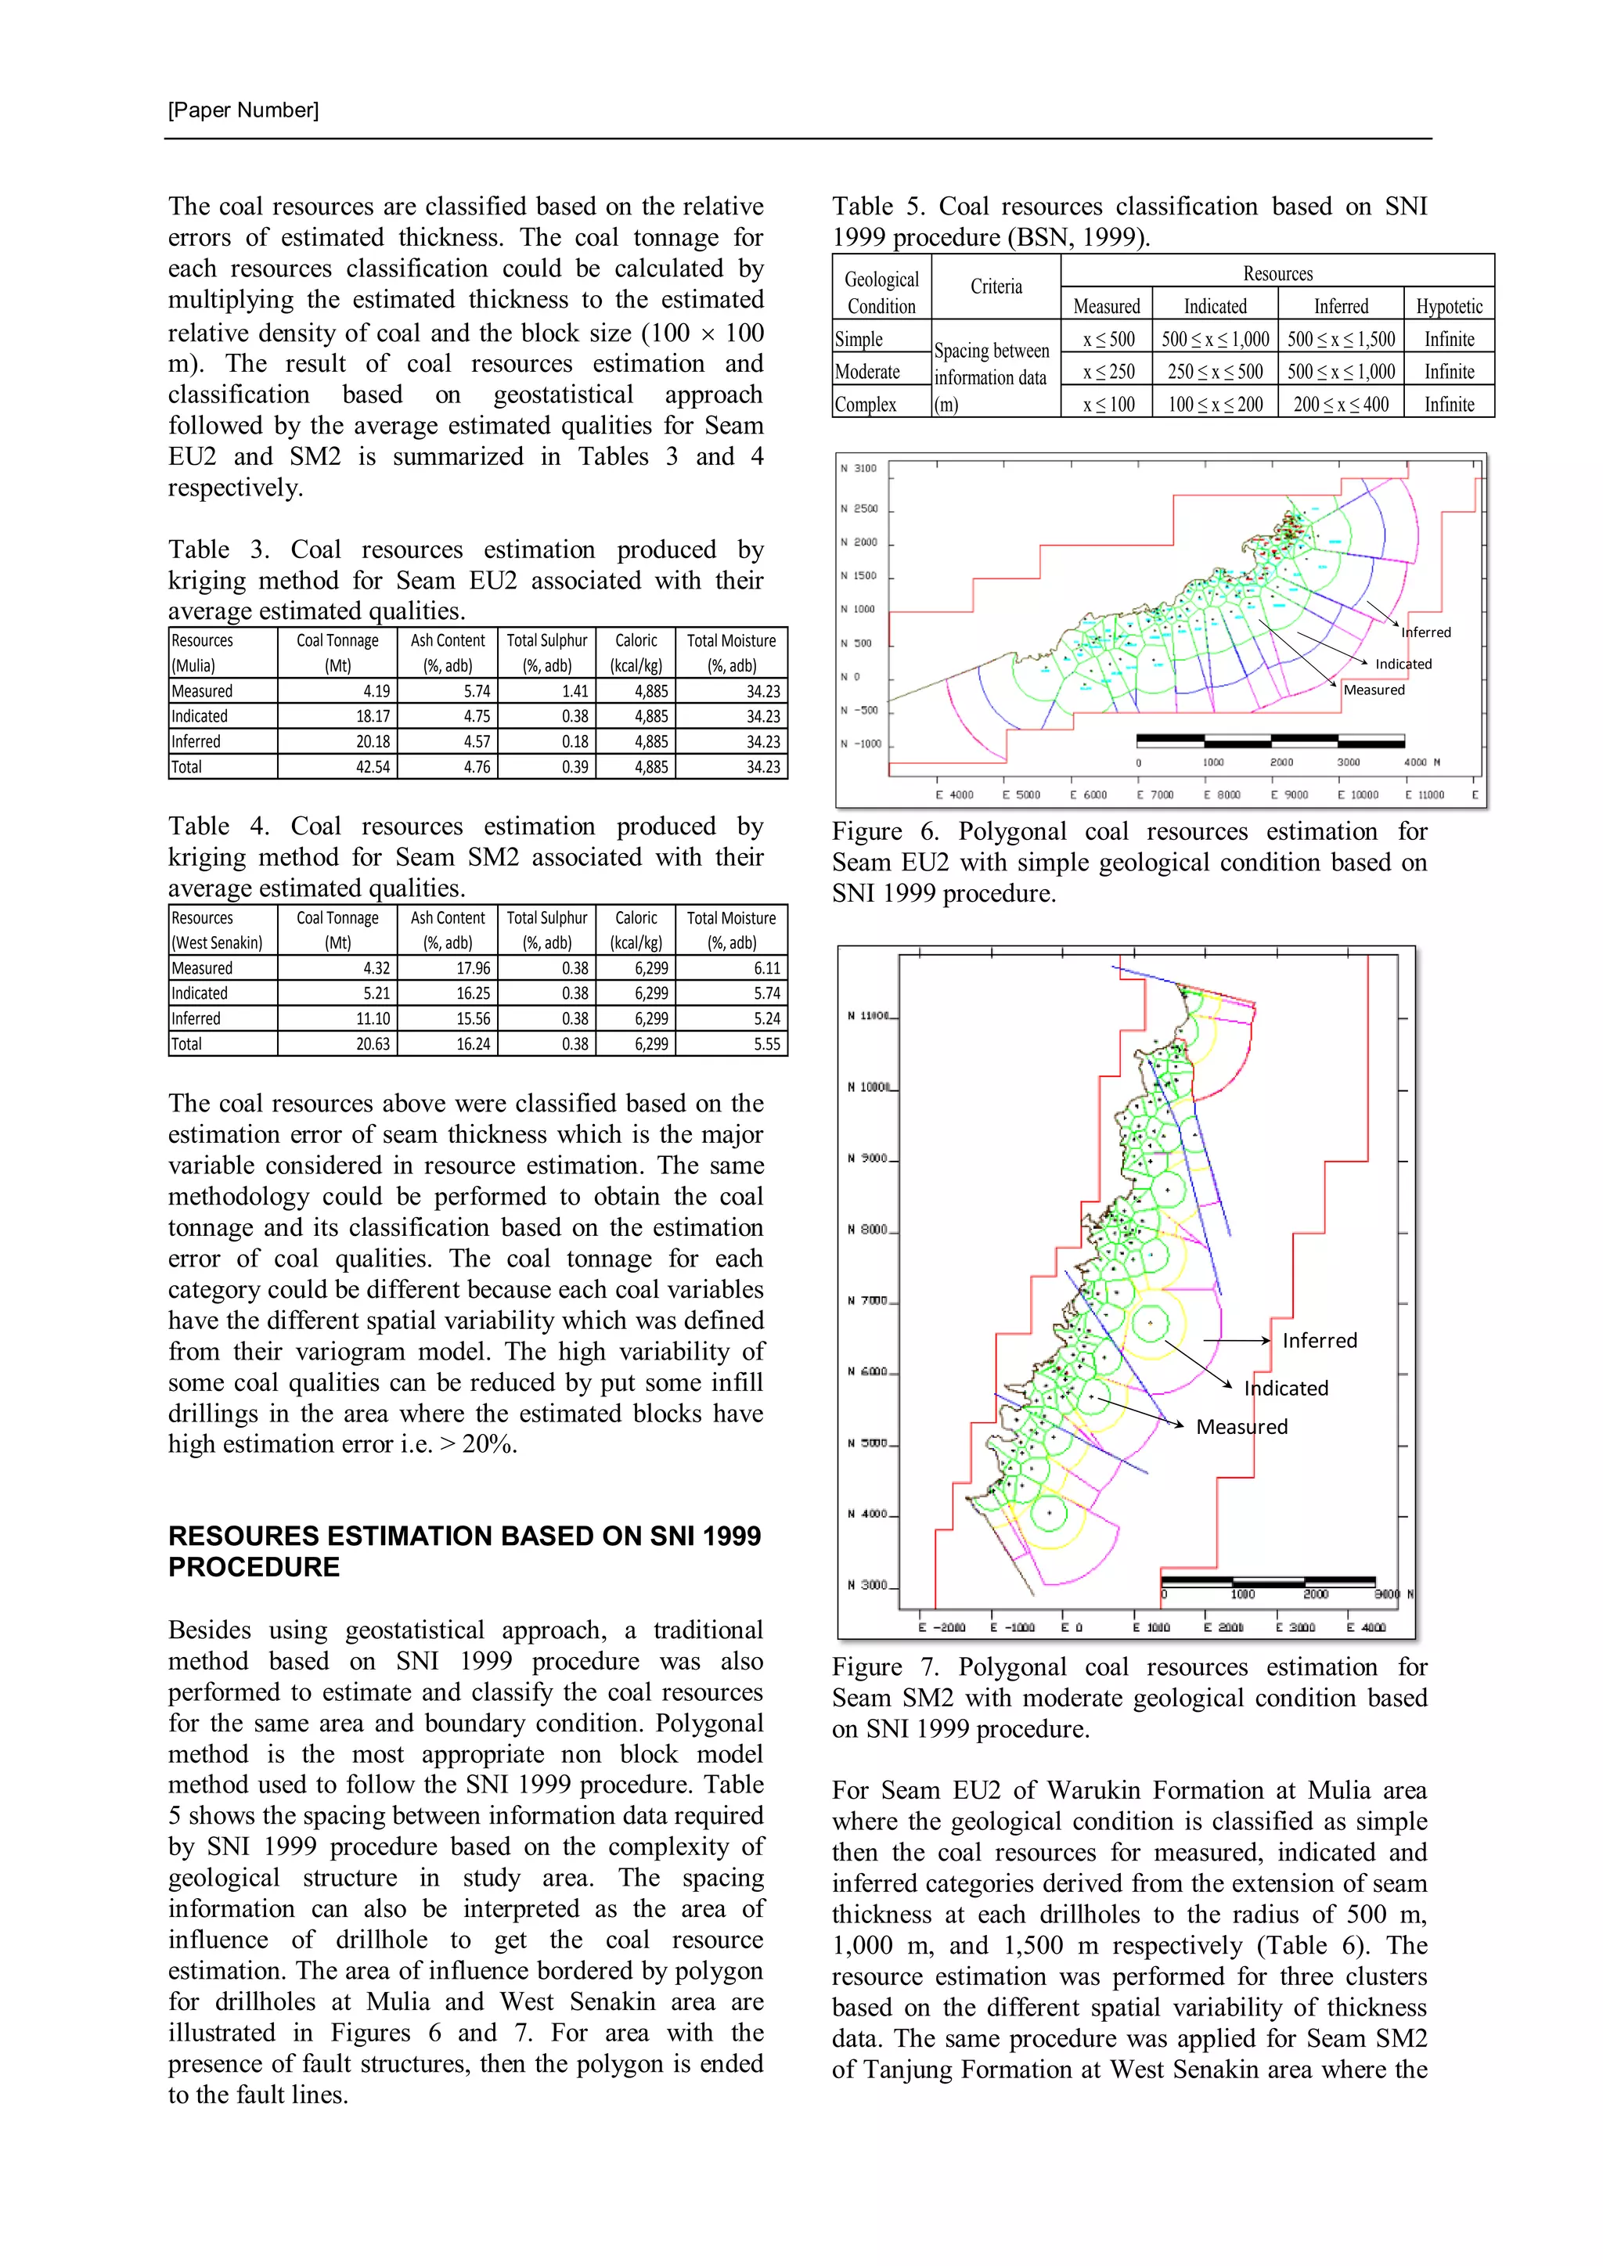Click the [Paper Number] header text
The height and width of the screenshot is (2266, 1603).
point(243,110)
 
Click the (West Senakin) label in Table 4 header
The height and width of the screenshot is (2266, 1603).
point(217,943)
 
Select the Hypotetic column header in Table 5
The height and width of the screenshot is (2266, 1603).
point(1448,306)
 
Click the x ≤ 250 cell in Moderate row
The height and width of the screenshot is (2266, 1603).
point(1108,372)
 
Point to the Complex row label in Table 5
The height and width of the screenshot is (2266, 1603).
point(866,405)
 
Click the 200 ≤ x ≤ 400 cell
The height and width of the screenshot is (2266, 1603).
point(1341,405)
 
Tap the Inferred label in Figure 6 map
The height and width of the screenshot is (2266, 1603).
point(1426,632)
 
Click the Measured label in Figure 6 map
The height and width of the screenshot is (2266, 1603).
point(1374,690)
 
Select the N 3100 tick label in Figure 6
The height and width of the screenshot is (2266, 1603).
point(858,469)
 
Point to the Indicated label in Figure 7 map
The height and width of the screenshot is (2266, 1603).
point(1286,1389)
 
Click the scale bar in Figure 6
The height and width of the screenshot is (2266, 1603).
point(1270,740)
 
